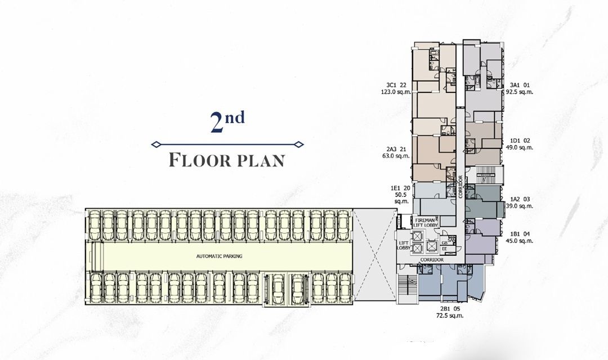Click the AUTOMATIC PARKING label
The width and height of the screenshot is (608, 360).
click(219, 256)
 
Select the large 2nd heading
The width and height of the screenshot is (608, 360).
click(227, 123)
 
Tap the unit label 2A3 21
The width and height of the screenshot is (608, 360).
click(396, 150)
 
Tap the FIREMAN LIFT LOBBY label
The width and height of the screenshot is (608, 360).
click(426, 222)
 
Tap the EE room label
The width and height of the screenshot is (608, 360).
click(444, 247)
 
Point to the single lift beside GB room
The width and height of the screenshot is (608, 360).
click(431, 246)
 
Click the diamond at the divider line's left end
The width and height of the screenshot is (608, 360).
click(155, 145)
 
